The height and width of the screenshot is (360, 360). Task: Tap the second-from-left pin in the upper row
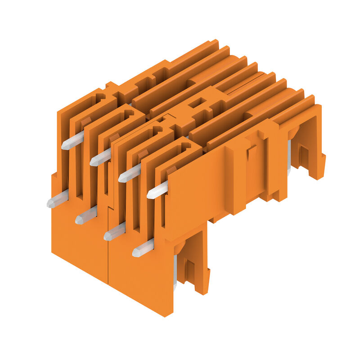click(100, 158)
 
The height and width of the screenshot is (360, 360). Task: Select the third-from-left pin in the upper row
click(129, 174)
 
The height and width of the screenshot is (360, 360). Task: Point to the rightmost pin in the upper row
click(157, 190)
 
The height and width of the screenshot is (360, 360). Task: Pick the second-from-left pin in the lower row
click(85, 216)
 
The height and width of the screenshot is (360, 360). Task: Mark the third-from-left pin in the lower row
click(114, 232)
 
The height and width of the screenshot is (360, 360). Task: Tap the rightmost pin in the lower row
click(143, 248)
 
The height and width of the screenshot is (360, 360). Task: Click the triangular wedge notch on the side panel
click(251, 153)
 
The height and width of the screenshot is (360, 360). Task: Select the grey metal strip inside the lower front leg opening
click(175, 270)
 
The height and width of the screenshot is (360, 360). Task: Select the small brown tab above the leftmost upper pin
click(86, 121)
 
